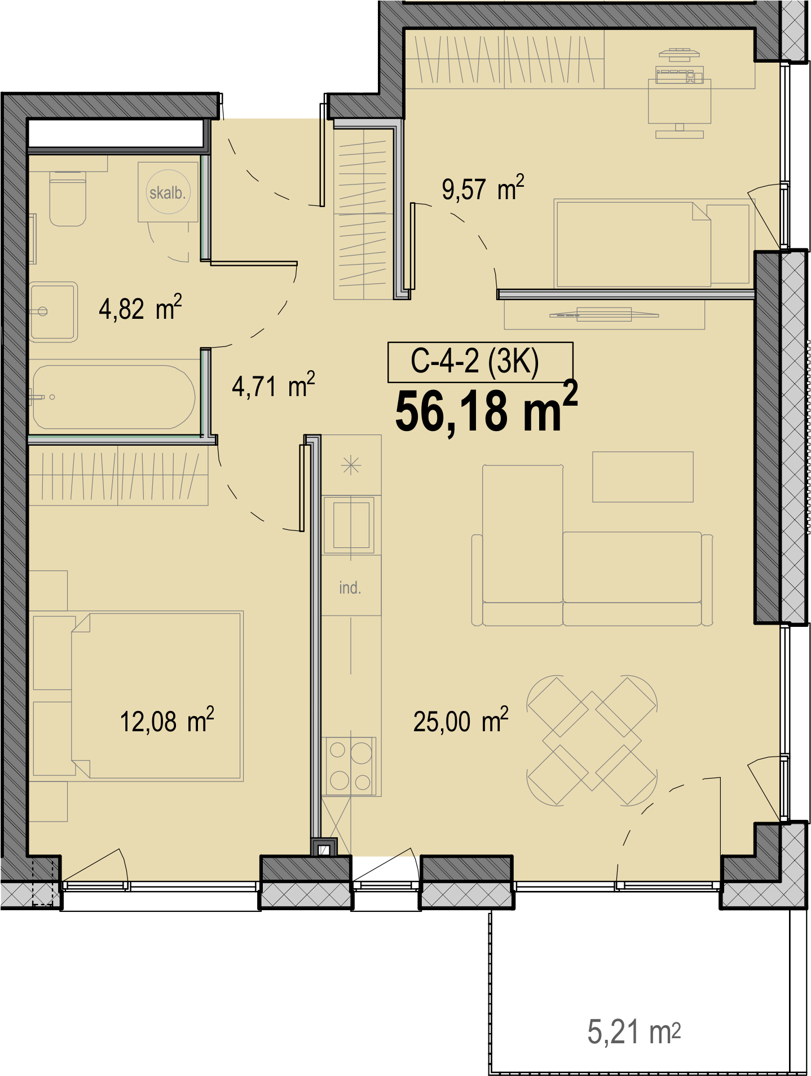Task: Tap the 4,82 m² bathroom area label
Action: coord(140,308)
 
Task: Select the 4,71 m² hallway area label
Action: coord(274,385)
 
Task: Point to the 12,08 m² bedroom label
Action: coord(167,721)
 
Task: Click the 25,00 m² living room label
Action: coord(461,721)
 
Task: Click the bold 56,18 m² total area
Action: coord(487,409)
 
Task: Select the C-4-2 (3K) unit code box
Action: coord(481,362)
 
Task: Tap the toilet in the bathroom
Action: coord(68,198)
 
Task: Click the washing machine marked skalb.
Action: coord(168,192)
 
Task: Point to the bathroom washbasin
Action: coord(53,311)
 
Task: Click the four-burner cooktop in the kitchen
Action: coord(350,766)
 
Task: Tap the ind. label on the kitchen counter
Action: coord(350,588)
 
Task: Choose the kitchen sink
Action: coord(351,525)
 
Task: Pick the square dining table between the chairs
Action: coord(592,740)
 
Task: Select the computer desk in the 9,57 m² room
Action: coord(679,101)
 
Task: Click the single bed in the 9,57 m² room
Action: coord(654,244)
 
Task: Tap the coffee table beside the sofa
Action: coord(642,477)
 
